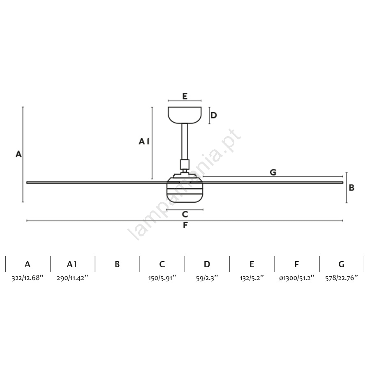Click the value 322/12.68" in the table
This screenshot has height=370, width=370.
tap(28, 278)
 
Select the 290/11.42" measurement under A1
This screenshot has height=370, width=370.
tap(72, 278)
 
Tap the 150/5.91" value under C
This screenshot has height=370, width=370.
tap(162, 278)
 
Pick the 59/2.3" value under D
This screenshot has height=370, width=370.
tap(207, 278)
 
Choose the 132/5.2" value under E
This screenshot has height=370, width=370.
tap(252, 278)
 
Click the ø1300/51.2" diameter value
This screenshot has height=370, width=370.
tap(296, 278)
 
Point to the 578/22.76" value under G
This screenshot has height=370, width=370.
tap(342, 278)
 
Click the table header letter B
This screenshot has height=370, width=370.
tap(117, 264)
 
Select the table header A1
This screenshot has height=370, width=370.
tap(72, 264)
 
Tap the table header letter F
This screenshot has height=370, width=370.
tap(296, 264)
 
